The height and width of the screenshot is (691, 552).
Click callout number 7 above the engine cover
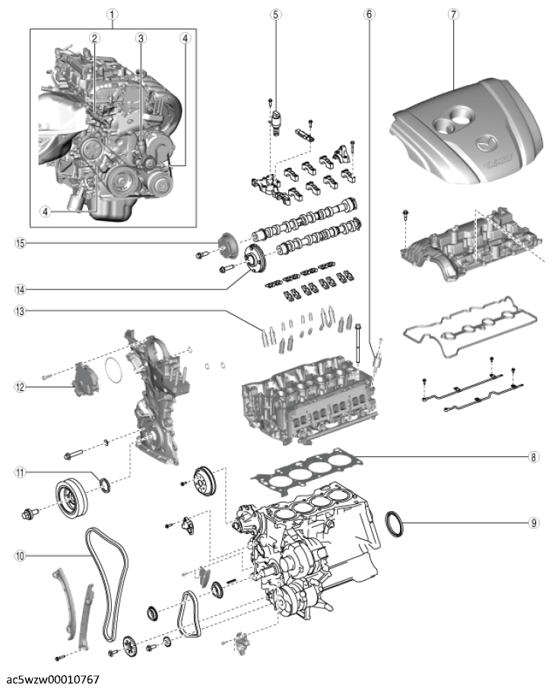[x=453, y=14]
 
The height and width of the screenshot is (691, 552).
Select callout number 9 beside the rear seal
[x=534, y=522]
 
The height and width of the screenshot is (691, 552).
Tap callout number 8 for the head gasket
[x=534, y=457]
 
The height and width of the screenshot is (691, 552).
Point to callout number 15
[x=21, y=243]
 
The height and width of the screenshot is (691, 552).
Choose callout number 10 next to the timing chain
[x=21, y=556]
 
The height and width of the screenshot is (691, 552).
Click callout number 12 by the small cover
[x=21, y=387]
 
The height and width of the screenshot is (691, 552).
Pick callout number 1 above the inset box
[x=112, y=14]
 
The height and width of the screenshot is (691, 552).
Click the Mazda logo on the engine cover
[x=487, y=143]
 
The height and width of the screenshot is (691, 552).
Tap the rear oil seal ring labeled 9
[x=395, y=523]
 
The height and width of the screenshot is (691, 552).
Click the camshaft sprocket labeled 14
[x=254, y=260]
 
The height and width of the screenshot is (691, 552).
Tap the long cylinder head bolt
[x=358, y=344]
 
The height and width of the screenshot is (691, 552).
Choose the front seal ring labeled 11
[x=106, y=484]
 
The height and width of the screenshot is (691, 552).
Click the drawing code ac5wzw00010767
[x=53, y=680]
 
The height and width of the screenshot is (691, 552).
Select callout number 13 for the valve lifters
[x=21, y=311]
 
